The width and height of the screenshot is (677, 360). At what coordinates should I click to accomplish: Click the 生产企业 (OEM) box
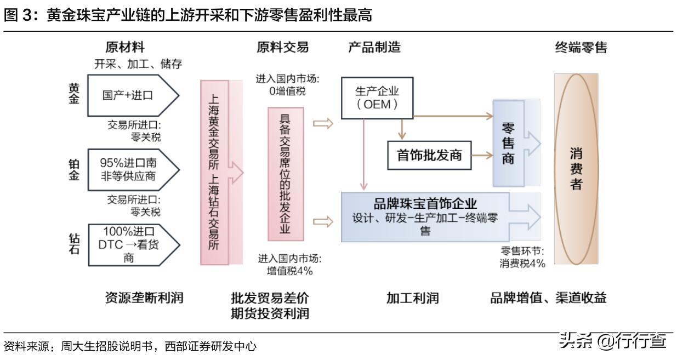pos(377,98)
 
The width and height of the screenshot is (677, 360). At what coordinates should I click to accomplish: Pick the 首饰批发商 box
pos(429,155)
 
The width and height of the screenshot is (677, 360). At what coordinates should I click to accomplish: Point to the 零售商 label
pos(508,144)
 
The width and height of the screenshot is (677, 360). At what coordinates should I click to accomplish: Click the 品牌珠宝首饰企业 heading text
pos(425,204)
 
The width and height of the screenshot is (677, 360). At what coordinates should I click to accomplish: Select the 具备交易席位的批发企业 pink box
pos(286,174)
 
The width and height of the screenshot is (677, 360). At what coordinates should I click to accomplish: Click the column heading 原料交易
pos(282,48)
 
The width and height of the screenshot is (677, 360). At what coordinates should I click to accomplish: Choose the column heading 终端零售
pos(581,48)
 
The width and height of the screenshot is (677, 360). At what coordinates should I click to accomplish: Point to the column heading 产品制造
pos(374,48)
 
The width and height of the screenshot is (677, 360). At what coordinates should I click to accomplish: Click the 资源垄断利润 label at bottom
pos(144,298)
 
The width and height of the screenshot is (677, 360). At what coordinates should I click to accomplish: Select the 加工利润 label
pos(412,298)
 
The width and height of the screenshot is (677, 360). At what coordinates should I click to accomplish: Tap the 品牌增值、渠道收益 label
pos(548,298)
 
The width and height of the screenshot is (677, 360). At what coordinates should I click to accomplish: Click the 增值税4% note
pos(290,271)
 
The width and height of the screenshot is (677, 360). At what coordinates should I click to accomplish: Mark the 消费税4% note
pos(522,264)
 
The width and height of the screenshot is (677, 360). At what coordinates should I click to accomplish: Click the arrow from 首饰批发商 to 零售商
pos(481,156)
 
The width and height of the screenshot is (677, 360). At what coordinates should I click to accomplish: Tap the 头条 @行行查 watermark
pos(612,342)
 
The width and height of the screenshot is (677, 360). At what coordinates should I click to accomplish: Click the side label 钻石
pos(74,244)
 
